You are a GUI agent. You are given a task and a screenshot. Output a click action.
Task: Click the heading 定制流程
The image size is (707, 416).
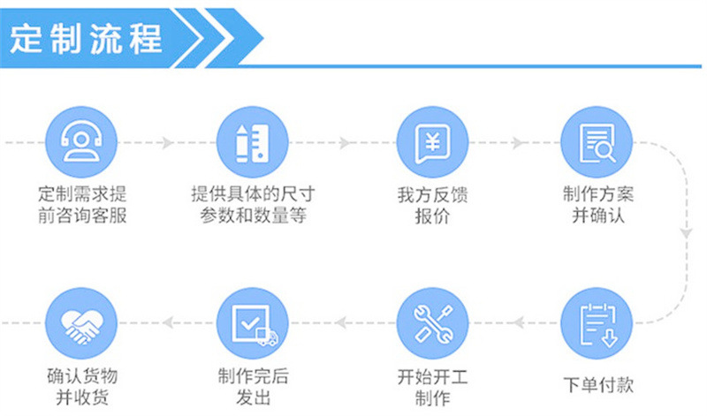(x=87, y=38)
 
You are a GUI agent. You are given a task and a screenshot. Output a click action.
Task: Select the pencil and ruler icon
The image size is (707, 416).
(x=253, y=142)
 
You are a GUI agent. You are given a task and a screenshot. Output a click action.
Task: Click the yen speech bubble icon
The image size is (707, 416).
(x=432, y=142)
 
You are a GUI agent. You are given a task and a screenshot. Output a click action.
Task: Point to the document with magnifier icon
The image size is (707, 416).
(x=597, y=142)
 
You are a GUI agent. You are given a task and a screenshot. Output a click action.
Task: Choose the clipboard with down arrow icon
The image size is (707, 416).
(x=597, y=323)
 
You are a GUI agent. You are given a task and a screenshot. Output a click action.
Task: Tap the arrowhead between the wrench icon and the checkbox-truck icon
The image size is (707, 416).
(x=341, y=322)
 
